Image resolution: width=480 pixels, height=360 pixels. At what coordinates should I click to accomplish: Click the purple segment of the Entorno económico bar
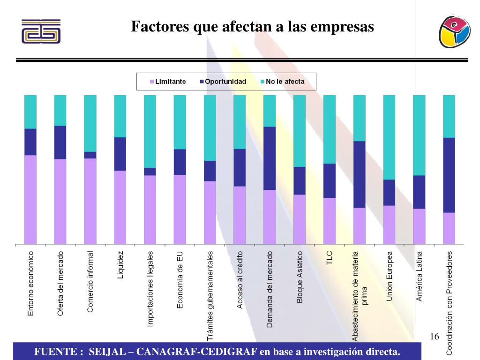30,199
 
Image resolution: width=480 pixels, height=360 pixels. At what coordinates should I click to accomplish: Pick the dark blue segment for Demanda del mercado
270,158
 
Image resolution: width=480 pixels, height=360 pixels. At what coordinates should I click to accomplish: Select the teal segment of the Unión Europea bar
390,137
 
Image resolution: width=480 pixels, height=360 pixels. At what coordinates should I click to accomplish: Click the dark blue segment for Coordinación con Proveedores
449,175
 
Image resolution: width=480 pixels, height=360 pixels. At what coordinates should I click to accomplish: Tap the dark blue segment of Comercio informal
90,155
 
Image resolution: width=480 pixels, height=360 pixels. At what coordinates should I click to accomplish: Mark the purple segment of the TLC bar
330,221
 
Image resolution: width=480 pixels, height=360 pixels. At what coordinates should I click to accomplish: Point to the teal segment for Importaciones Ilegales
150,131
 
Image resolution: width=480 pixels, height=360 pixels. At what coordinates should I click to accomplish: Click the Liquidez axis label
120,265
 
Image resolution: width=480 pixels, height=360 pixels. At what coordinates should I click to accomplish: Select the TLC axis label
330,258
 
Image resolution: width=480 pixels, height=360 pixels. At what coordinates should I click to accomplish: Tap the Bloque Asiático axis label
300,277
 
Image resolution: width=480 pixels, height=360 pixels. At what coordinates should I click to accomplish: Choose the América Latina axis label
420,276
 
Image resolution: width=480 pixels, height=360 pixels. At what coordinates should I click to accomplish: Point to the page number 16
434,337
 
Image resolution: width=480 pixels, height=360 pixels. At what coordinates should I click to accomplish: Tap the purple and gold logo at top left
41,31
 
